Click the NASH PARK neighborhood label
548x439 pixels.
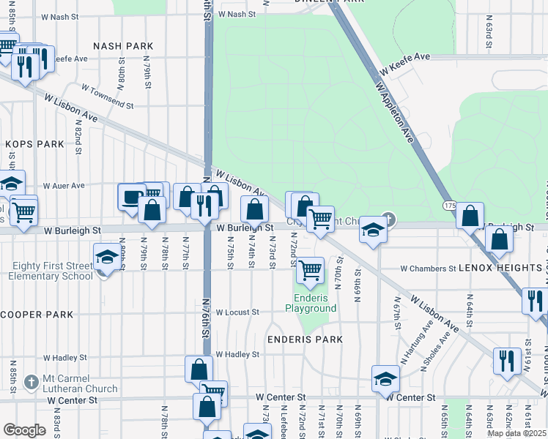tap(129, 46)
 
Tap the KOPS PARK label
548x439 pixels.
tap(35, 144)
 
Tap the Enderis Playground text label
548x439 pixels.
tap(315, 303)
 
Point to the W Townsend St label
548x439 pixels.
tap(107, 96)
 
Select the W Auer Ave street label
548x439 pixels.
tap(64, 186)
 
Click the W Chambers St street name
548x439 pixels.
tap(428, 269)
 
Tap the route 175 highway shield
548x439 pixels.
tap(451, 207)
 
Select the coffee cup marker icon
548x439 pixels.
tap(131, 196)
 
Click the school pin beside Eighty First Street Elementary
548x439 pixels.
tap(107, 257)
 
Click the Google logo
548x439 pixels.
tap(24, 430)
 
